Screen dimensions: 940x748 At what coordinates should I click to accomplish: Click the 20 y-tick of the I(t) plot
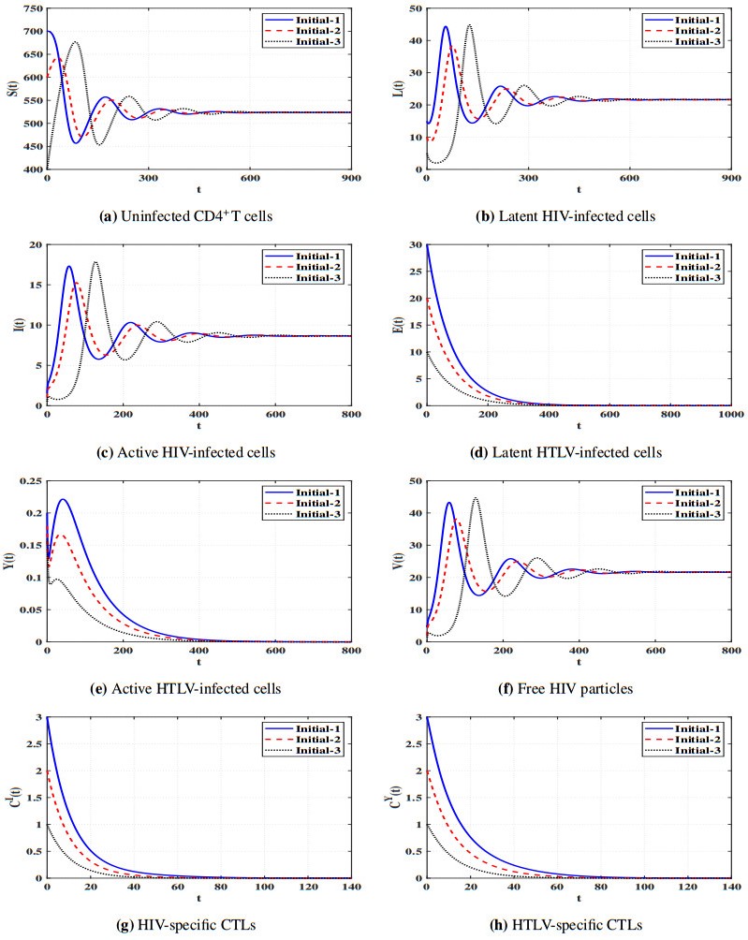pyautogui.click(x=36, y=244)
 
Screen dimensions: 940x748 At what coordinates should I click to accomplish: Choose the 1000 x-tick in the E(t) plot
pyautogui.click(x=728, y=416)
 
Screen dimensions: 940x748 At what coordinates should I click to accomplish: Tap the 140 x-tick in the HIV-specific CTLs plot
pyautogui.click(x=351, y=888)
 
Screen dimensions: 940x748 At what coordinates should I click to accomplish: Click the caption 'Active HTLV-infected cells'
pyautogui.click(x=185, y=689)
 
